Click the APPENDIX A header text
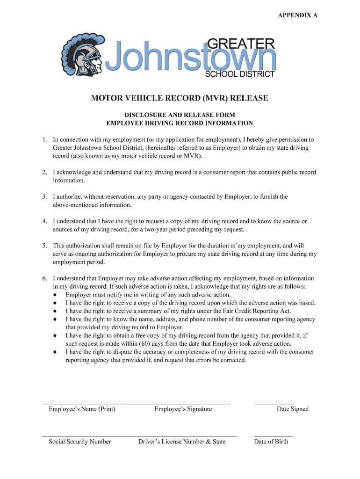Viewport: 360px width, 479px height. coord(297,15)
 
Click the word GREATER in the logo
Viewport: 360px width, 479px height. coord(240,44)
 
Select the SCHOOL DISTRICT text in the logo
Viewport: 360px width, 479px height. coord(240,74)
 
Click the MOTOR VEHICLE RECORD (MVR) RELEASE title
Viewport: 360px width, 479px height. coord(180,98)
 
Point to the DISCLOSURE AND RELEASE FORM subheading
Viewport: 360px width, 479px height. coord(180,115)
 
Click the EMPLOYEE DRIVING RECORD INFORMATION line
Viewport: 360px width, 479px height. coord(180,123)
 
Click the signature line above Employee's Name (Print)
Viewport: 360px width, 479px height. coord(84,403)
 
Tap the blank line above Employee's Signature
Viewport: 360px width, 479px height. coord(179,403)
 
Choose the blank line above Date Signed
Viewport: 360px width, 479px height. coord(273,403)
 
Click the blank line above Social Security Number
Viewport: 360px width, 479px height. coord(84,436)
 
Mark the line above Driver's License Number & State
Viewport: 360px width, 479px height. coord(182,436)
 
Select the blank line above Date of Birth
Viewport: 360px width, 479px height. coord(273,436)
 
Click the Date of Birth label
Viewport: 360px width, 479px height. coord(271,442)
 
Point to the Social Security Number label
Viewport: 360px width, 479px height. coord(80,442)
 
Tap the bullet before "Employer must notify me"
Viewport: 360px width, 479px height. coord(55,295)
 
